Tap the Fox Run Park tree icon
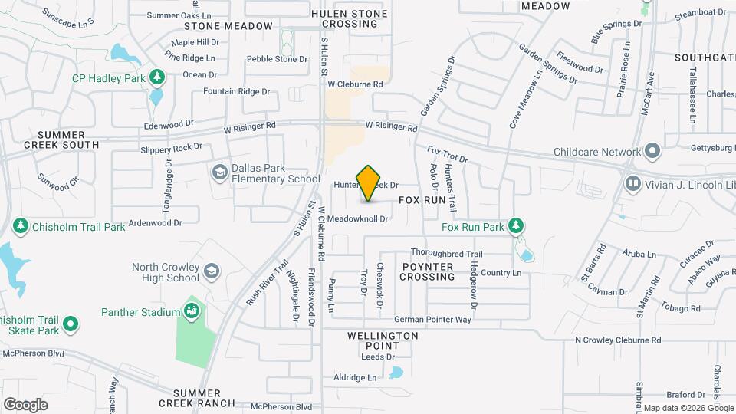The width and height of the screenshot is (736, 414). click(517, 225)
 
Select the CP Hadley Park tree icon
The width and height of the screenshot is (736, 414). click(157, 77)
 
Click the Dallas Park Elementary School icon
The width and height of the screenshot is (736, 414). click(220, 171)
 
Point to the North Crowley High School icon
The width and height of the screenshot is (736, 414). click(211, 272)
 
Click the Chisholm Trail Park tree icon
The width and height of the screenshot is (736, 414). click(21, 226)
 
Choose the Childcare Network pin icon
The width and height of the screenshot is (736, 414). click(652, 151)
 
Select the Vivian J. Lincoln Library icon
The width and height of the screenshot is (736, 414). click(633, 183)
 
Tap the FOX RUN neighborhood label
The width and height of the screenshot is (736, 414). click(422, 199)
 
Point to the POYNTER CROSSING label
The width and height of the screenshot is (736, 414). click(427, 271)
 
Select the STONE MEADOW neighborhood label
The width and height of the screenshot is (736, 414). click(238, 26)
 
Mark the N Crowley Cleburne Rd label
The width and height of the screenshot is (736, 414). click(618, 340)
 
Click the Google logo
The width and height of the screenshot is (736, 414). click(25, 404)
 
